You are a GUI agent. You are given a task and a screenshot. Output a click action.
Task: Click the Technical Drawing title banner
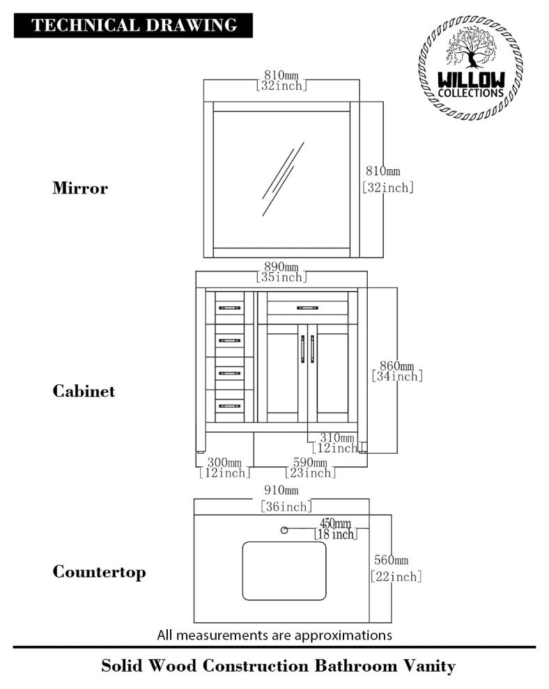pos(133,26)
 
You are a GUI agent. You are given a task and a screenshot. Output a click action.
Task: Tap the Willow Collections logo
pos(470,68)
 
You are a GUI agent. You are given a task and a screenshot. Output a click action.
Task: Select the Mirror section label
pos(80,188)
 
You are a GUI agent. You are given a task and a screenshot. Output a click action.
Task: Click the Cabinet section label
pos(84,391)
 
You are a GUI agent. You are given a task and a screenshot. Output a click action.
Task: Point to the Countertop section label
pos(100,572)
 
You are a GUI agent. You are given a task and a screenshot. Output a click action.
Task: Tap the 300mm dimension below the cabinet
pos(224,463)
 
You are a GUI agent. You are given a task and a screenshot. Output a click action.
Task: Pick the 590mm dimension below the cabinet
pos(309,463)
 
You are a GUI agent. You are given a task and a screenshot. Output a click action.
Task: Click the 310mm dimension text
pos(337,438)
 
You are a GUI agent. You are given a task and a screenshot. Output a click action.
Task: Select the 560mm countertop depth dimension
pos(390,560)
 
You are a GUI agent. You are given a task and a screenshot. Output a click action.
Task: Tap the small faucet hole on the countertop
pos(284,530)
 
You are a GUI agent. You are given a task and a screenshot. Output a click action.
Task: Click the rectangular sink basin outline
pos(284,571)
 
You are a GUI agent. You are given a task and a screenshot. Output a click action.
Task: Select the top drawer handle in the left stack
pos(229,307)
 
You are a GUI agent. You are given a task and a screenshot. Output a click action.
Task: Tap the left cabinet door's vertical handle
pos(303,348)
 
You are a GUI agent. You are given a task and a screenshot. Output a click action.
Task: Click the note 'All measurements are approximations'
pos(274,635)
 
